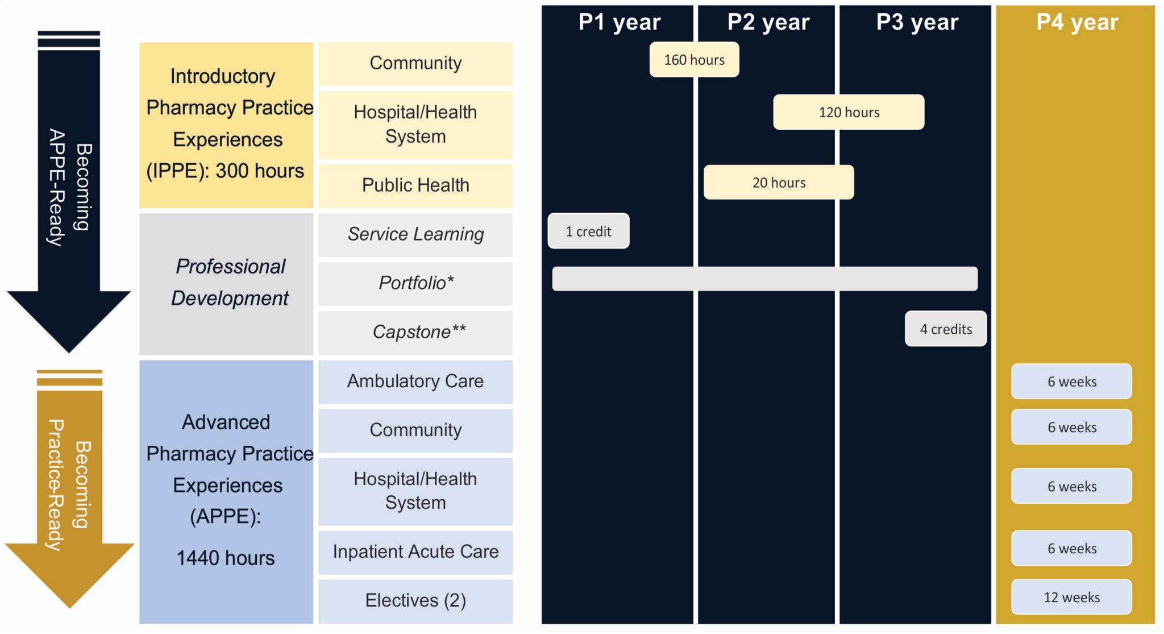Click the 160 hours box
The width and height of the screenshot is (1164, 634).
coord(694,60)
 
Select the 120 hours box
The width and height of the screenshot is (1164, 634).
coord(849,112)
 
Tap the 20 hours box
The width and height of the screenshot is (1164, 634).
coord(779,183)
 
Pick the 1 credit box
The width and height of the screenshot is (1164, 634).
coord(588,231)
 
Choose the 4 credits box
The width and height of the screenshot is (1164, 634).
coord(946,329)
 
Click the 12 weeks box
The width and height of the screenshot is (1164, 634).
coord(1071,597)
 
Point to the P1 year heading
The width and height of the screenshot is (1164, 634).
coord(619,22)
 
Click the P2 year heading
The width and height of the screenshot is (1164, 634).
coord(768,22)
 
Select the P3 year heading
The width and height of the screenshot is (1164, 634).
coord(917,22)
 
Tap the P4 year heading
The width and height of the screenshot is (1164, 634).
coord(1077,22)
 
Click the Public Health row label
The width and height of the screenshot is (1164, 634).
coord(415,185)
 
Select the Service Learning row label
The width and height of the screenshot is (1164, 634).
coord(415,234)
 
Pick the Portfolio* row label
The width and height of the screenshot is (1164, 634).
coord(415,283)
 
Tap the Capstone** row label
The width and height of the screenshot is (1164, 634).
coord(419,332)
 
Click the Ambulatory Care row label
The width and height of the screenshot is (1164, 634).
coord(415,381)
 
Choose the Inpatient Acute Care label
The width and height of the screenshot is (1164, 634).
coord(415,552)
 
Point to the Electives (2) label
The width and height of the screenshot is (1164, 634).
coord(415,600)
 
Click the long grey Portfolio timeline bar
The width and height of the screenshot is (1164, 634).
coord(764,279)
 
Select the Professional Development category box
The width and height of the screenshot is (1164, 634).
coord(226,283)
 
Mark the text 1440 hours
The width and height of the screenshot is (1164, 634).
coord(226,558)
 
